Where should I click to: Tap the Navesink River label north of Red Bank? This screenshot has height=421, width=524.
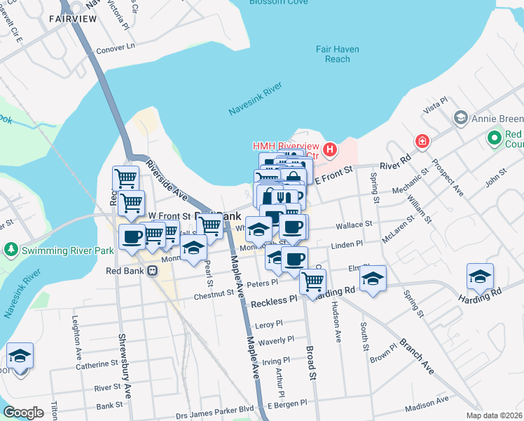[255, 99]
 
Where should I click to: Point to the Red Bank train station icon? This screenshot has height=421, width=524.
[152, 271]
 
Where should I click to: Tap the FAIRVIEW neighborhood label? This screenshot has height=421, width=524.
[72, 19]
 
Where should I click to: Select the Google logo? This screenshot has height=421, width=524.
[24, 413]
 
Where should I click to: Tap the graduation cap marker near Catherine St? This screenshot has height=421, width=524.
[20, 355]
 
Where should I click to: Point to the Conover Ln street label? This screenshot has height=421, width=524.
[115, 48]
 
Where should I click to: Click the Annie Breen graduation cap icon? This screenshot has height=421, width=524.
[460, 116]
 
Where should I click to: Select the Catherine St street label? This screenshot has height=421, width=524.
[97, 364]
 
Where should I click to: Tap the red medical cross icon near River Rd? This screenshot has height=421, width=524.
[422, 141]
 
